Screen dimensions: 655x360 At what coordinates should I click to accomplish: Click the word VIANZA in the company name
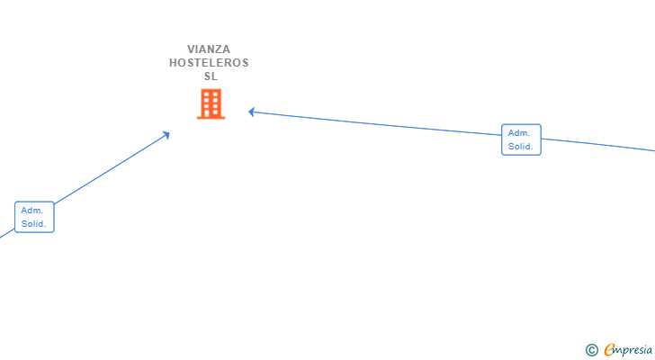[x=209, y=49]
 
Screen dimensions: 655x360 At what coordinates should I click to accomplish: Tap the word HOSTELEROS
[x=209, y=63]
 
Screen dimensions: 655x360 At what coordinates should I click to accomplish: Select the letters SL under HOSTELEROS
[x=211, y=76]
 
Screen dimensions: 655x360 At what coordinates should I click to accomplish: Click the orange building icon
[x=211, y=104]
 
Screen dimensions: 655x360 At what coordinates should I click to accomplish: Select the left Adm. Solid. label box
[x=35, y=217]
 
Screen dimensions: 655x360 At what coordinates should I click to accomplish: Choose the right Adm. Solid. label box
[x=521, y=139]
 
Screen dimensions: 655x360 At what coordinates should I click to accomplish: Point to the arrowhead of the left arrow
[x=166, y=135]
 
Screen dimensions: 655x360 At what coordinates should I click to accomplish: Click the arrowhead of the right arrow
[x=253, y=112]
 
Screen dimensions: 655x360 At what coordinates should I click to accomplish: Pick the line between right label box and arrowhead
[x=378, y=124]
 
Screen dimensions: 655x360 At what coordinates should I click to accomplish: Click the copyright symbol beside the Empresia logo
[x=591, y=350]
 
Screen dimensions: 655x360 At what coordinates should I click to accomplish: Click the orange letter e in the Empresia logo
[x=609, y=350]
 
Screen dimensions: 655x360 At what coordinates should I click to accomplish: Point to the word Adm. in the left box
[x=32, y=210]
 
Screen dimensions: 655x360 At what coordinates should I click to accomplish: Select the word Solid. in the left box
[x=34, y=224]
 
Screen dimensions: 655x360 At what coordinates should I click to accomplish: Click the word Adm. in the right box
[x=518, y=132]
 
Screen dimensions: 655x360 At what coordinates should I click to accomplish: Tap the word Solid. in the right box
[x=520, y=147]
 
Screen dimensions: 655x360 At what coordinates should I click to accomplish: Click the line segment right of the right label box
[x=598, y=144]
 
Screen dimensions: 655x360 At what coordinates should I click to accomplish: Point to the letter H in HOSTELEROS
[x=174, y=63]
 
